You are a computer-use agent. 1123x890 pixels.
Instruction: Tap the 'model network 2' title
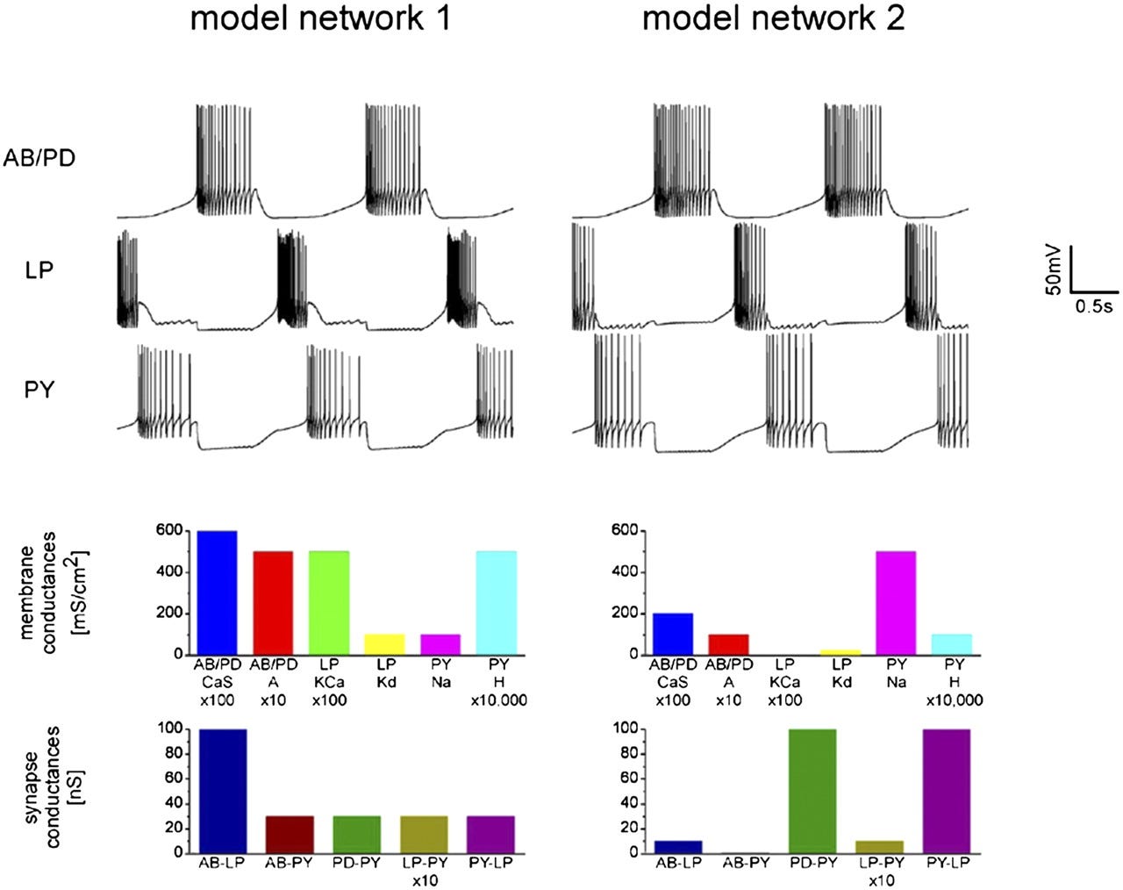(773, 18)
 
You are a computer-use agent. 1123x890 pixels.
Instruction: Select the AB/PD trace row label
(38, 158)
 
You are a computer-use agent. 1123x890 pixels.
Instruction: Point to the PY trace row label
(39, 389)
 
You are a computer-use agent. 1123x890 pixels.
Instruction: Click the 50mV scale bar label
(1055, 269)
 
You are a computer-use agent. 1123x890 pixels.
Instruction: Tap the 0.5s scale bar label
(1094, 306)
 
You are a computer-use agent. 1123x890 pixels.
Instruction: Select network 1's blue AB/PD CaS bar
(217, 592)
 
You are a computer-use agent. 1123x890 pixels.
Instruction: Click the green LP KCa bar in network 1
(329, 602)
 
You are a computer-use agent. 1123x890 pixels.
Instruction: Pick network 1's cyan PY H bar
(496, 602)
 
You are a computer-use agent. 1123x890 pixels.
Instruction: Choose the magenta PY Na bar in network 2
(896, 602)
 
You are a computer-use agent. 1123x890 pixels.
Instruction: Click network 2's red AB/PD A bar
(728, 643)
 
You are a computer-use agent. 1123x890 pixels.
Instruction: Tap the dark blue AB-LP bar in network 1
(223, 791)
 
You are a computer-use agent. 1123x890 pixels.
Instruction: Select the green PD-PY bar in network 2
(812, 791)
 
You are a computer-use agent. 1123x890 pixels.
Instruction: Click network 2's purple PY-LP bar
(947, 791)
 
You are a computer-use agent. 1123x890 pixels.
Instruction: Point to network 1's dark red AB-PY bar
(290, 834)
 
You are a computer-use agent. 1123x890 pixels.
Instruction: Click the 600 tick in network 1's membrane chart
(170, 530)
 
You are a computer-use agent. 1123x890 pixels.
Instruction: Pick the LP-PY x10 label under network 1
(423, 871)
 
